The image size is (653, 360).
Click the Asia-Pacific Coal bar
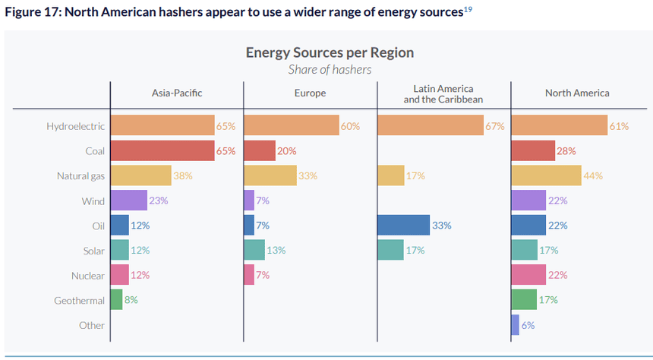(x=162, y=150)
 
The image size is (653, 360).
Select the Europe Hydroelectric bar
(x=292, y=125)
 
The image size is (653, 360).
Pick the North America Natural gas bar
(x=547, y=175)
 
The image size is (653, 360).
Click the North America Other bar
(x=516, y=325)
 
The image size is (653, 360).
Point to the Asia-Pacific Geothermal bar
(x=116, y=300)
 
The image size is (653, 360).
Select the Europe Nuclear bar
(x=249, y=275)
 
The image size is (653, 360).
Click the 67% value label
(x=495, y=126)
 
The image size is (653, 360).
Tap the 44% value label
(x=593, y=176)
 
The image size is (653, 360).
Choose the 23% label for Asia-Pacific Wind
(x=158, y=201)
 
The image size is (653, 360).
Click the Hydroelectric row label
(x=76, y=126)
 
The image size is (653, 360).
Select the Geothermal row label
(x=79, y=301)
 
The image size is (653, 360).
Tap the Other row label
(x=92, y=326)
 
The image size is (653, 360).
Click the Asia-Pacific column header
(x=177, y=93)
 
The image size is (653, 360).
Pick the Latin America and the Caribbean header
(x=443, y=93)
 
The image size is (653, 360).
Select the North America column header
(x=577, y=93)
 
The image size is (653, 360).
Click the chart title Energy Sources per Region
(x=330, y=52)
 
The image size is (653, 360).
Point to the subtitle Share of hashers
(x=330, y=69)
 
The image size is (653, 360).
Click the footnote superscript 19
(x=468, y=8)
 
